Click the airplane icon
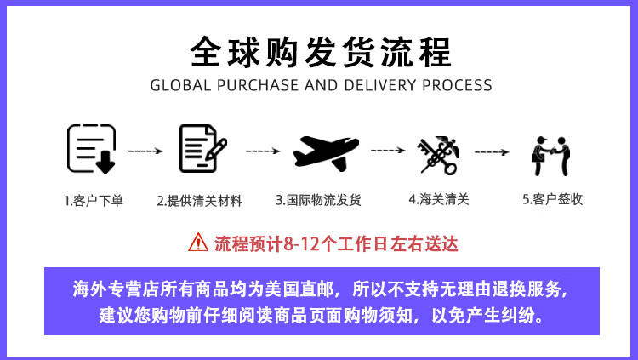click(x=326, y=150)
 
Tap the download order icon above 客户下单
click(x=91, y=149)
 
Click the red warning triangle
click(x=197, y=243)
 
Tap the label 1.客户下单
click(x=93, y=201)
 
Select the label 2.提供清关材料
click(x=199, y=201)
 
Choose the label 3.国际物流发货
click(x=318, y=201)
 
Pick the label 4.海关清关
click(x=438, y=201)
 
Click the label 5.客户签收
click(x=552, y=201)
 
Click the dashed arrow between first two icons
click(x=145, y=151)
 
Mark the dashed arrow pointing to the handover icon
click(x=492, y=151)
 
